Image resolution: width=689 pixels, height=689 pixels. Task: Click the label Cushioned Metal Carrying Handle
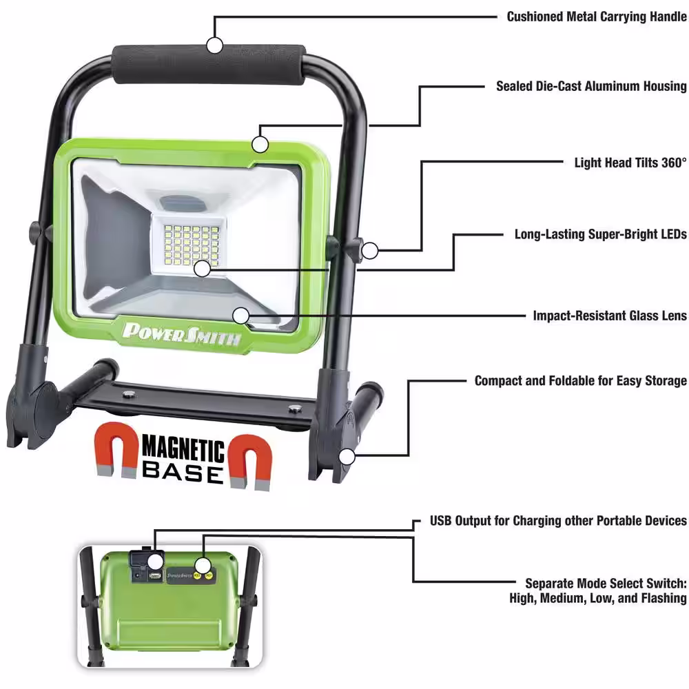(597, 17)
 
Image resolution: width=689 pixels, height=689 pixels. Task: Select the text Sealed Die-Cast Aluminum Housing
(591, 86)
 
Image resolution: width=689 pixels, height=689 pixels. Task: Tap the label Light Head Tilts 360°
(630, 163)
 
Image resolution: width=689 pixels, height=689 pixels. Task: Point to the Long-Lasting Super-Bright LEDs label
(600, 234)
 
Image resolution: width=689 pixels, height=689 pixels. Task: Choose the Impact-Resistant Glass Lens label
(610, 316)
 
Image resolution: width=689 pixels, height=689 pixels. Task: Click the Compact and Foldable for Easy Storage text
(580, 381)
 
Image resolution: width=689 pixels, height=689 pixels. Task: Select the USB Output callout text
(558, 520)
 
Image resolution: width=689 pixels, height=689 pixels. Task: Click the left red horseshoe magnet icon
(118, 451)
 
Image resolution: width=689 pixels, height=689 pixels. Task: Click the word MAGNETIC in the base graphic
(183, 452)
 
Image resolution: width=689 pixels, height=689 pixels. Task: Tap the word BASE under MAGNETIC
(183, 474)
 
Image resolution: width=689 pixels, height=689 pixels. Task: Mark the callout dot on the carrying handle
(215, 45)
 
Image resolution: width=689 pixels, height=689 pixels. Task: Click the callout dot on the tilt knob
(371, 250)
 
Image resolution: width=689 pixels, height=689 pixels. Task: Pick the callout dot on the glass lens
(240, 315)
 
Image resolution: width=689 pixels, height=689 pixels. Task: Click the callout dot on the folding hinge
(347, 455)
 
